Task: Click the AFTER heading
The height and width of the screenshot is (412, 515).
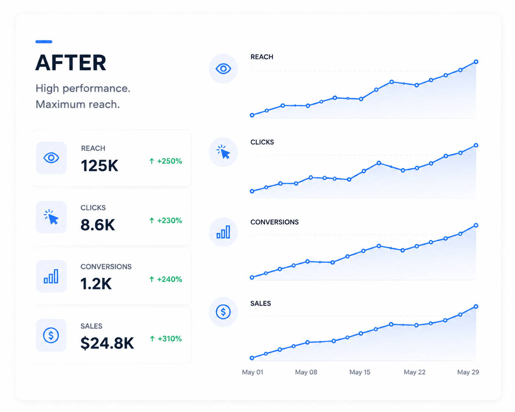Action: tap(71, 63)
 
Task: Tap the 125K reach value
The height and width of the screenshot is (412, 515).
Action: tap(100, 166)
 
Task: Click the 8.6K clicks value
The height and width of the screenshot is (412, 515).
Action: tap(98, 225)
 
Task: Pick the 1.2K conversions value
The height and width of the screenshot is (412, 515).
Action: tap(96, 284)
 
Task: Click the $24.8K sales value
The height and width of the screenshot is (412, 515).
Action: tap(107, 343)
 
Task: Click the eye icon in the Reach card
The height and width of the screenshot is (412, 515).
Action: tap(51, 158)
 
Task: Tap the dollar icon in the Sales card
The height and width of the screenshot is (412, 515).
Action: tap(51, 335)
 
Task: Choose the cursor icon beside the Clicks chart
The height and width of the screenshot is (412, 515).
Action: tap(223, 152)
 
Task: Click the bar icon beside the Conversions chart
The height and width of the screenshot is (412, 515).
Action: tap(223, 232)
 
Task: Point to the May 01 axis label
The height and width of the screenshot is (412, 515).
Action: tap(252, 372)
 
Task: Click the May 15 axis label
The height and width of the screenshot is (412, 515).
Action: tap(360, 372)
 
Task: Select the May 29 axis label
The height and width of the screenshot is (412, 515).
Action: tap(468, 372)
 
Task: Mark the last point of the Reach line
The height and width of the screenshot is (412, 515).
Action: tap(476, 62)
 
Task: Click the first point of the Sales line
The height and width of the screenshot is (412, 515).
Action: tap(252, 358)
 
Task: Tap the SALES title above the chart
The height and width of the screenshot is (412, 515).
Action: tap(260, 303)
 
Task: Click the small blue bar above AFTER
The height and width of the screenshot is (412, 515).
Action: tap(44, 41)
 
